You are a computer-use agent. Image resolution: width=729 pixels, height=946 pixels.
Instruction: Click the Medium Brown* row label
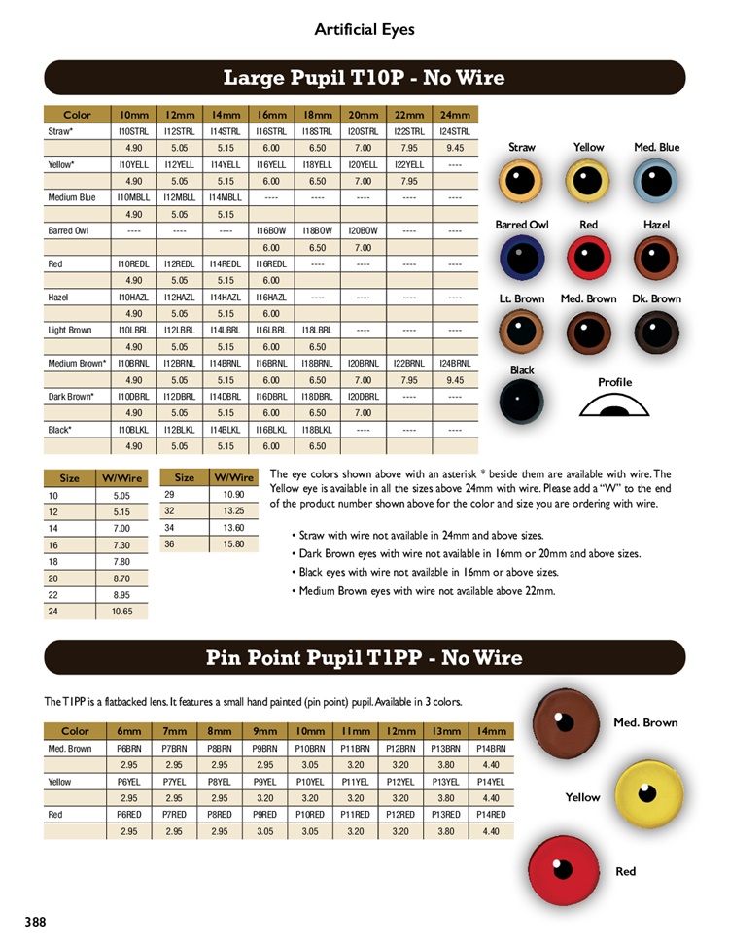(77, 364)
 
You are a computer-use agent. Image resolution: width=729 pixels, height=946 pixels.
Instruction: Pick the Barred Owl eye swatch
(522, 259)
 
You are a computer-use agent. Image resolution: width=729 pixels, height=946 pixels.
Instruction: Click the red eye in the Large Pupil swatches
(588, 259)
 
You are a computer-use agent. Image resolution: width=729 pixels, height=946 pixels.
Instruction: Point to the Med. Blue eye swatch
(656, 181)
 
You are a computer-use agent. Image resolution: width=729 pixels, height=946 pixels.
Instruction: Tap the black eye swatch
(522, 401)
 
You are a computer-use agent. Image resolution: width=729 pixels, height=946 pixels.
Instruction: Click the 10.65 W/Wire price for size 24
(121, 611)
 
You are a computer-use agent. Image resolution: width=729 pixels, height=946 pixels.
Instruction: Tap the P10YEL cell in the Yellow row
(310, 782)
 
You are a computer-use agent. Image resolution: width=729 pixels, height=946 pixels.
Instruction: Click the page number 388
(35, 921)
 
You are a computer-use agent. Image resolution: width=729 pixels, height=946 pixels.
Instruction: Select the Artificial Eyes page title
(364, 29)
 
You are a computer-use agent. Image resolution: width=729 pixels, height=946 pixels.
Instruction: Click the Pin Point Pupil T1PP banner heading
(364, 658)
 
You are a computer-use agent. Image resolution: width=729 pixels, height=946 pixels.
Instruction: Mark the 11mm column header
(355, 731)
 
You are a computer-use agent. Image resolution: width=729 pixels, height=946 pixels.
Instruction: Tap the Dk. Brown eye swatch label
(656, 298)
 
